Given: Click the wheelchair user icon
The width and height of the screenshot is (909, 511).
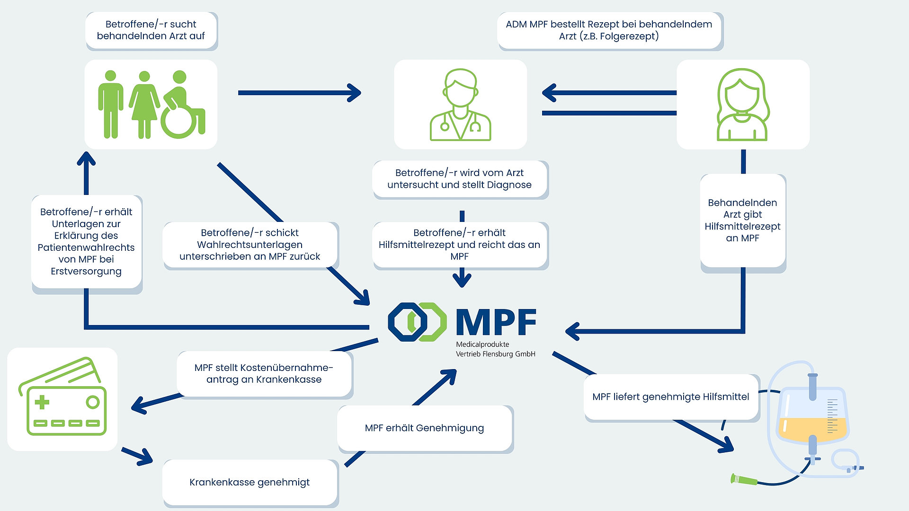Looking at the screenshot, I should (182, 106).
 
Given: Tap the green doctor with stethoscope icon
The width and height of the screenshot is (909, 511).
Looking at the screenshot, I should (460, 105).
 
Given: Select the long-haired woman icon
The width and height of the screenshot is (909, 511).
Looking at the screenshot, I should (742, 105).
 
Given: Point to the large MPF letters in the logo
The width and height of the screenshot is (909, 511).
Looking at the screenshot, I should (496, 323).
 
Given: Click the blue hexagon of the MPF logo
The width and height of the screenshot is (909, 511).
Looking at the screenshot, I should (407, 322).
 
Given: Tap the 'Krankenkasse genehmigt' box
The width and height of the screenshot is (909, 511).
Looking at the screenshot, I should (250, 482).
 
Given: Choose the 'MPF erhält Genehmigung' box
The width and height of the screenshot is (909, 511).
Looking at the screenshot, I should (425, 428).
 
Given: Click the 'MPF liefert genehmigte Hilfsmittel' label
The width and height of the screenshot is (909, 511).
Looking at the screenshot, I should (670, 397).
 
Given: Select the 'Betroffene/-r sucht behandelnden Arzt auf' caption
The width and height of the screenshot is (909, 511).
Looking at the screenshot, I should (151, 30).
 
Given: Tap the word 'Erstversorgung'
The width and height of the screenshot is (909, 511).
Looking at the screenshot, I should (86, 272).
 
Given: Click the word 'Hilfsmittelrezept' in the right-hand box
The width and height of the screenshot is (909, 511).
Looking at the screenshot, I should (742, 227).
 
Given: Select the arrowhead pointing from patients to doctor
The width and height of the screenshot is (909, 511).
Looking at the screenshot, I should (354, 93).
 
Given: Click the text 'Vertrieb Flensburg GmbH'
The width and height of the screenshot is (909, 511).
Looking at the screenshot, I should (495, 354).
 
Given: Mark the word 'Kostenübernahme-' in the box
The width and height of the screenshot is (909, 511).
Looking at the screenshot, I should (264, 368).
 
